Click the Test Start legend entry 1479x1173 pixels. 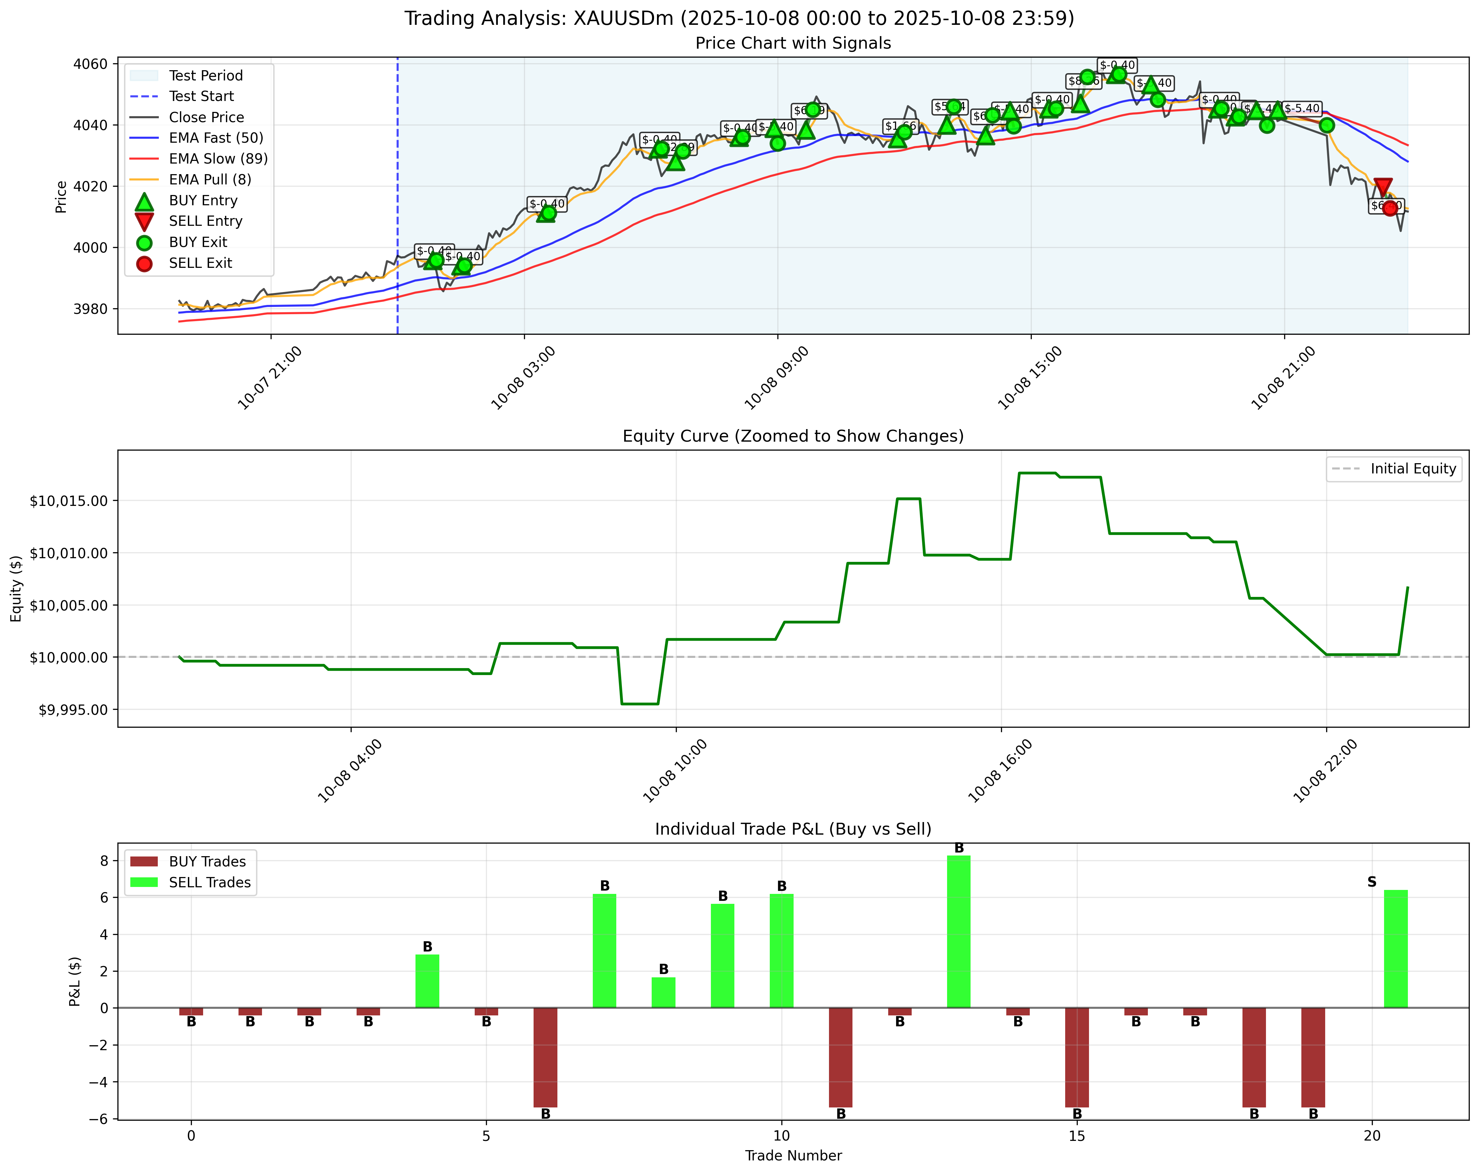(201, 96)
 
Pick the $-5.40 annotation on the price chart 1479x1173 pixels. (1301, 109)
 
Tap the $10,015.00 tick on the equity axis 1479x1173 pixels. (68, 501)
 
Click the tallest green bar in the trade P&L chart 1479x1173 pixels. (958, 931)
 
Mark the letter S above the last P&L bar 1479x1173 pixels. (1371, 882)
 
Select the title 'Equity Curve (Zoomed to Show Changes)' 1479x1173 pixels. (793, 437)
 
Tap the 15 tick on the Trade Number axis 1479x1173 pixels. (1077, 1136)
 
